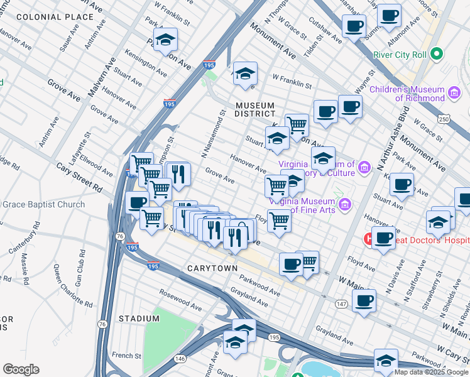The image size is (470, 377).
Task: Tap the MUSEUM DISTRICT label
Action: pos(255,109)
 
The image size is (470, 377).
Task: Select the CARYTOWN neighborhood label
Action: pos(212,268)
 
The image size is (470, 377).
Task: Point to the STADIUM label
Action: pos(139,319)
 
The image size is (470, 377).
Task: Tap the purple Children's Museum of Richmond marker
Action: pos(455,94)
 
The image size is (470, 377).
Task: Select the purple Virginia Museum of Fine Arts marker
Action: pos(344,205)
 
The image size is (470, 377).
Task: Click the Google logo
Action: pos(21,369)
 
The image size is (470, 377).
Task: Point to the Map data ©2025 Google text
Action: pos(430,372)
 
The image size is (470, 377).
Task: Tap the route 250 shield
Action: pos(444,119)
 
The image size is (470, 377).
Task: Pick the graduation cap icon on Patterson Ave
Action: pos(165,40)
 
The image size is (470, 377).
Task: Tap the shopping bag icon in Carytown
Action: pos(242,231)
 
